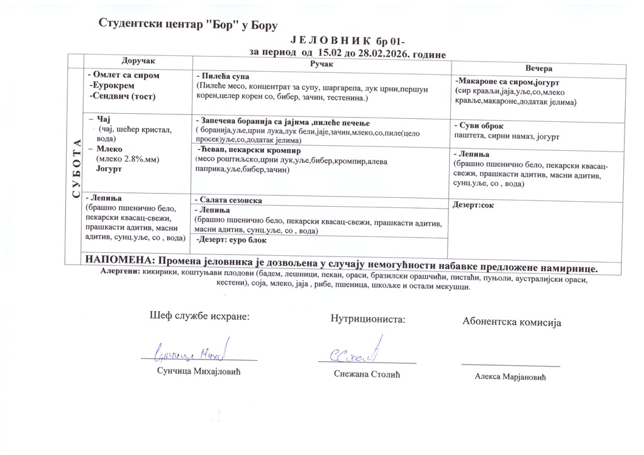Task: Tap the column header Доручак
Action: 138,60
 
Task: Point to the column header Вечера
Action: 538,68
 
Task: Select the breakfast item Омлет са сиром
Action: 123,75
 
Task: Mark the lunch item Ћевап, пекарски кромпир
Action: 248,151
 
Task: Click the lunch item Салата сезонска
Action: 229,200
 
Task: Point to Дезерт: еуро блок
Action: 231,240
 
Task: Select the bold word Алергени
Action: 120,271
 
